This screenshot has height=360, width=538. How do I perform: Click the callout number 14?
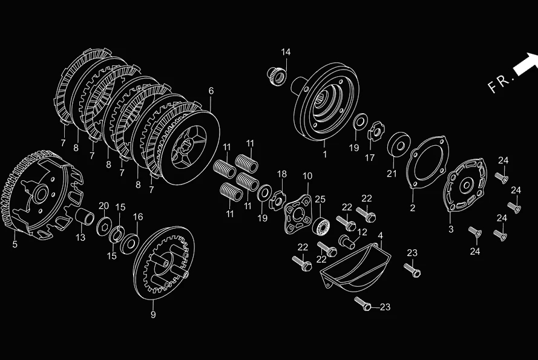[x=286, y=52]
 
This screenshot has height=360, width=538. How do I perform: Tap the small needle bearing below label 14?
[x=277, y=77]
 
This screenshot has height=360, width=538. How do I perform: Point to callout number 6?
[x=211, y=91]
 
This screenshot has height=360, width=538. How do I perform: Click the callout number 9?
[x=153, y=315]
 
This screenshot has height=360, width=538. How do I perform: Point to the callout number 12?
[x=362, y=232]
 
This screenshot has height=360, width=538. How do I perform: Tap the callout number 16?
[x=138, y=217]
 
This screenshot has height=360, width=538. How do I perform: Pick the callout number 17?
[x=369, y=158]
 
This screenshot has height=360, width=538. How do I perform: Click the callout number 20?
[x=103, y=205]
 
